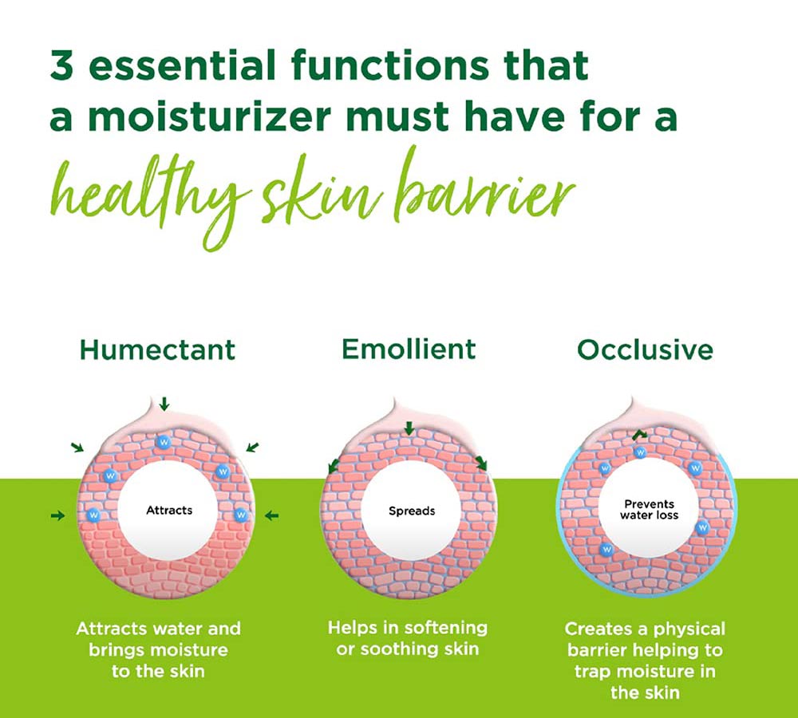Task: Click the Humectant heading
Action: point(157,349)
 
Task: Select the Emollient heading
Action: point(409,349)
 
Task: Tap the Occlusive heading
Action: point(645,349)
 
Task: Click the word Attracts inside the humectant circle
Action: point(169,510)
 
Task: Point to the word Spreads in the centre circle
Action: point(412,511)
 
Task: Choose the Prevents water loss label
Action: point(649,509)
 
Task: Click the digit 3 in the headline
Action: point(62,65)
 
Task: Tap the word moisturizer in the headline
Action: point(210,116)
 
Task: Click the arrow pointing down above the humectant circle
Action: point(164,404)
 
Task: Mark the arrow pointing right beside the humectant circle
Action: point(58,515)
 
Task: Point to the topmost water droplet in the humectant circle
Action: point(164,442)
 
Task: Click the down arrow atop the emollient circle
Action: point(409,428)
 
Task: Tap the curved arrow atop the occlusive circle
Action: point(640,434)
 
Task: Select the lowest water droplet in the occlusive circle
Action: point(606,550)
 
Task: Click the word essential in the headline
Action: point(182,65)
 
